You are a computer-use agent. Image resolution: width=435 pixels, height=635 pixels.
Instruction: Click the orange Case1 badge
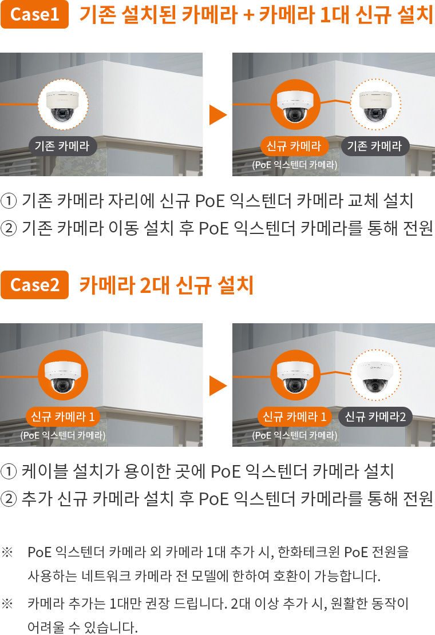pyautogui.click(x=34, y=14)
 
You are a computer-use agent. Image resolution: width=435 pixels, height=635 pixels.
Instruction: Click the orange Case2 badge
pyautogui.click(x=34, y=285)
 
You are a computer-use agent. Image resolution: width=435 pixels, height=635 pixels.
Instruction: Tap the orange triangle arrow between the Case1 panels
pyautogui.click(x=217, y=114)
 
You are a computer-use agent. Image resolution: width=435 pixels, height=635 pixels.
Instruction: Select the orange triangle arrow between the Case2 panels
pyautogui.click(x=217, y=386)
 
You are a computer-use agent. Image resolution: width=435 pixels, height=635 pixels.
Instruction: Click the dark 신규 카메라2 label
pyautogui.click(x=375, y=416)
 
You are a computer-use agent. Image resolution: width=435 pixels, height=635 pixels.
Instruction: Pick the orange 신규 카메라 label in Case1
pyautogui.click(x=294, y=146)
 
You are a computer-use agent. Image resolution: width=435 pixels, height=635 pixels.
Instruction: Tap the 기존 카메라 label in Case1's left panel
pyautogui.click(x=62, y=146)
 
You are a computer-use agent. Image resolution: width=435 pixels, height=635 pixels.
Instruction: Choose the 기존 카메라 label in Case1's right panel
pyautogui.click(x=375, y=146)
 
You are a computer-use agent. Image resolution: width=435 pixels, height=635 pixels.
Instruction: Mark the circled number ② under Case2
pyautogui.click(x=9, y=499)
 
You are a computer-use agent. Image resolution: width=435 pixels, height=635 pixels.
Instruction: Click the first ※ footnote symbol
pyautogui.click(x=7, y=551)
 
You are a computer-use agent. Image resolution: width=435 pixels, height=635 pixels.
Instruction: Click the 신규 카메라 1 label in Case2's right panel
pyautogui.click(x=294, y=416)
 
